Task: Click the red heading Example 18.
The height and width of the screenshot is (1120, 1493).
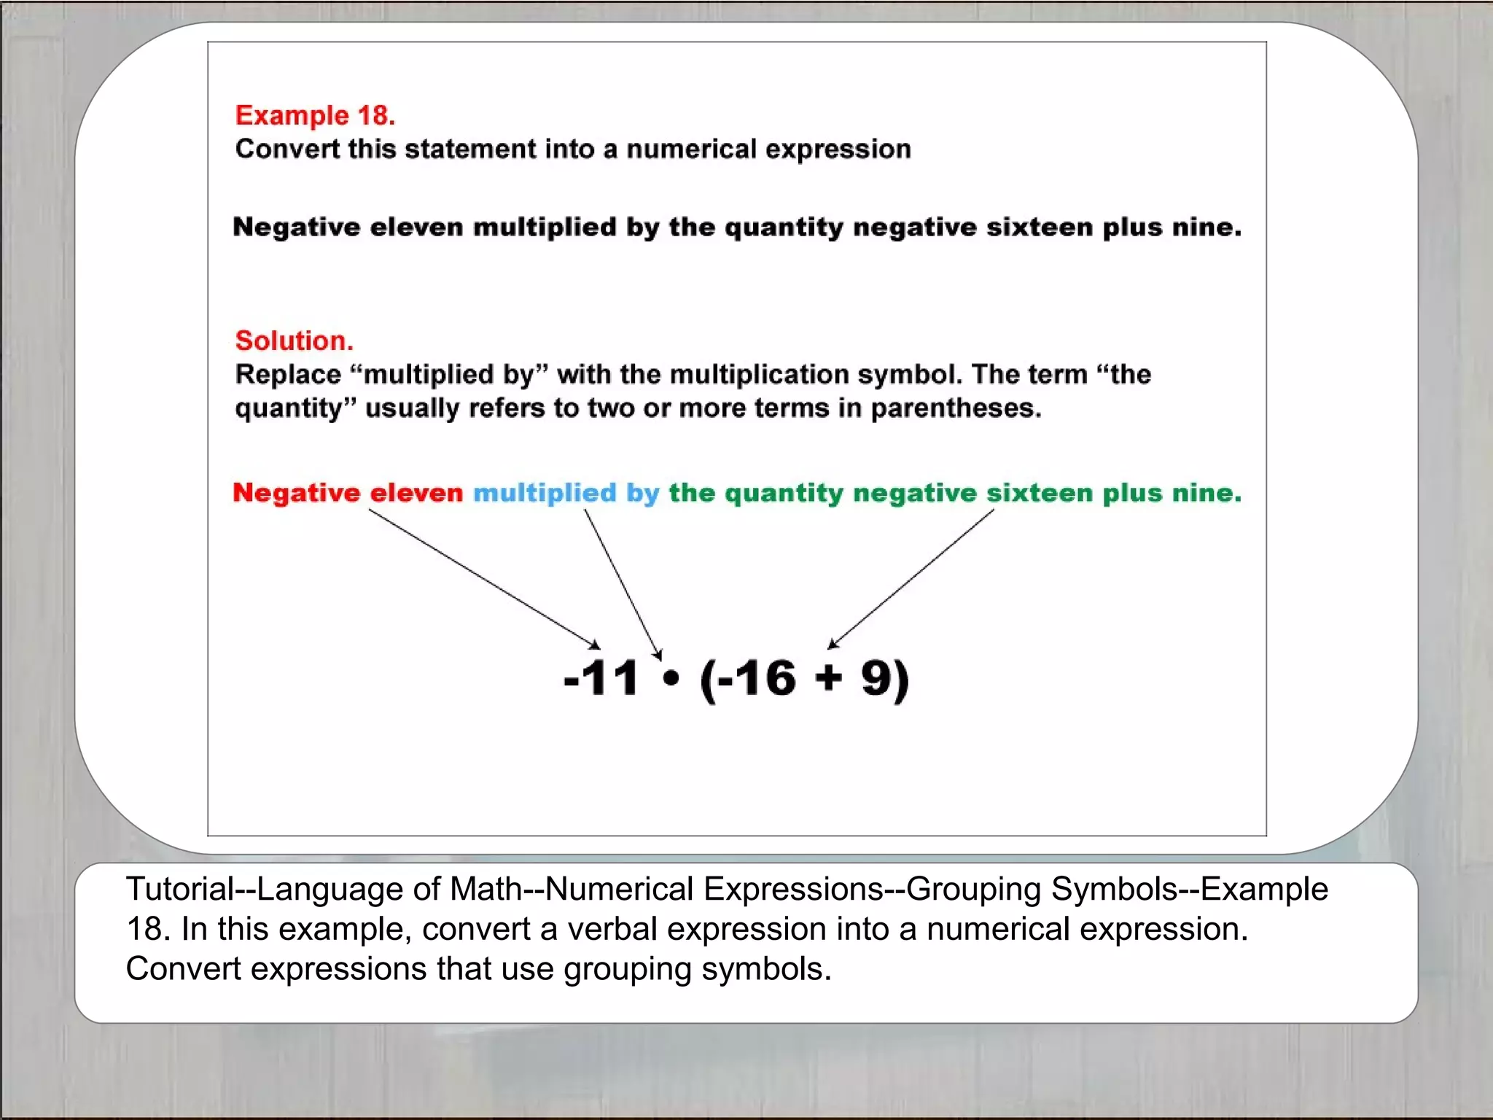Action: click(315, 115)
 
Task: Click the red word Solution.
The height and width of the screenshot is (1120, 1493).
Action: click(294, 341)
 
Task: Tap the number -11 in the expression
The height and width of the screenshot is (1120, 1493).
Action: click(601, 678)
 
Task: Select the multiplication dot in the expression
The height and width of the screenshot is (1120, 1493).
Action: click(671, 679)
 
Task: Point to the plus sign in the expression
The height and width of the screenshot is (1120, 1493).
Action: click(829, 678)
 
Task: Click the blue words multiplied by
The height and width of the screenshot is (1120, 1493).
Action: click(566, 493)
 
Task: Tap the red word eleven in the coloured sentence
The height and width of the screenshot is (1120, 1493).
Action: click(416, 493)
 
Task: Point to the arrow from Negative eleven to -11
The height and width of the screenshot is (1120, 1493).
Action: click(481, 577)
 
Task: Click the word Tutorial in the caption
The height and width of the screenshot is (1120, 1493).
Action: click(179, 889)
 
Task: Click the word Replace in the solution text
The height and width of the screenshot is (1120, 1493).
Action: click(288, 375)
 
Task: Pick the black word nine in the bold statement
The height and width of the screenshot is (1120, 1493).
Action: click(1206, 227)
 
